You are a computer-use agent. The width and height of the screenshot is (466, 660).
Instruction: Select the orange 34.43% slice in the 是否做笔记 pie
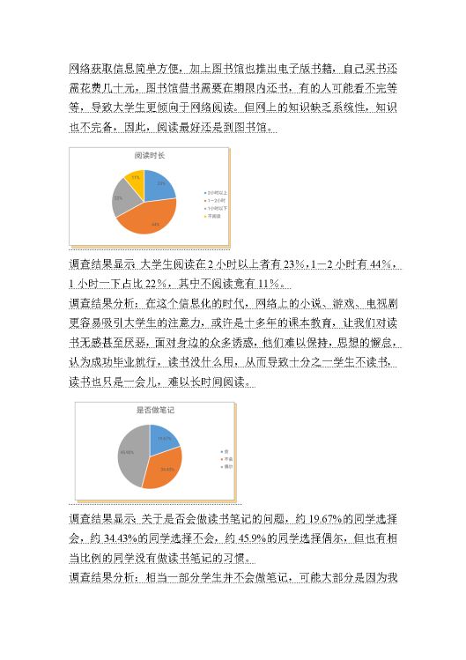click(164, 468)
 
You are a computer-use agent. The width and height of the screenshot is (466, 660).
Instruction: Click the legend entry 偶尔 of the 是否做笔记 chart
click(226, 466)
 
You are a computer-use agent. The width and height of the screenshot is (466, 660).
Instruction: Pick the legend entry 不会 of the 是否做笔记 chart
click(226, 459)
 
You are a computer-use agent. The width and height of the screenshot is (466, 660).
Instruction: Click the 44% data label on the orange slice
click(155, 224)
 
